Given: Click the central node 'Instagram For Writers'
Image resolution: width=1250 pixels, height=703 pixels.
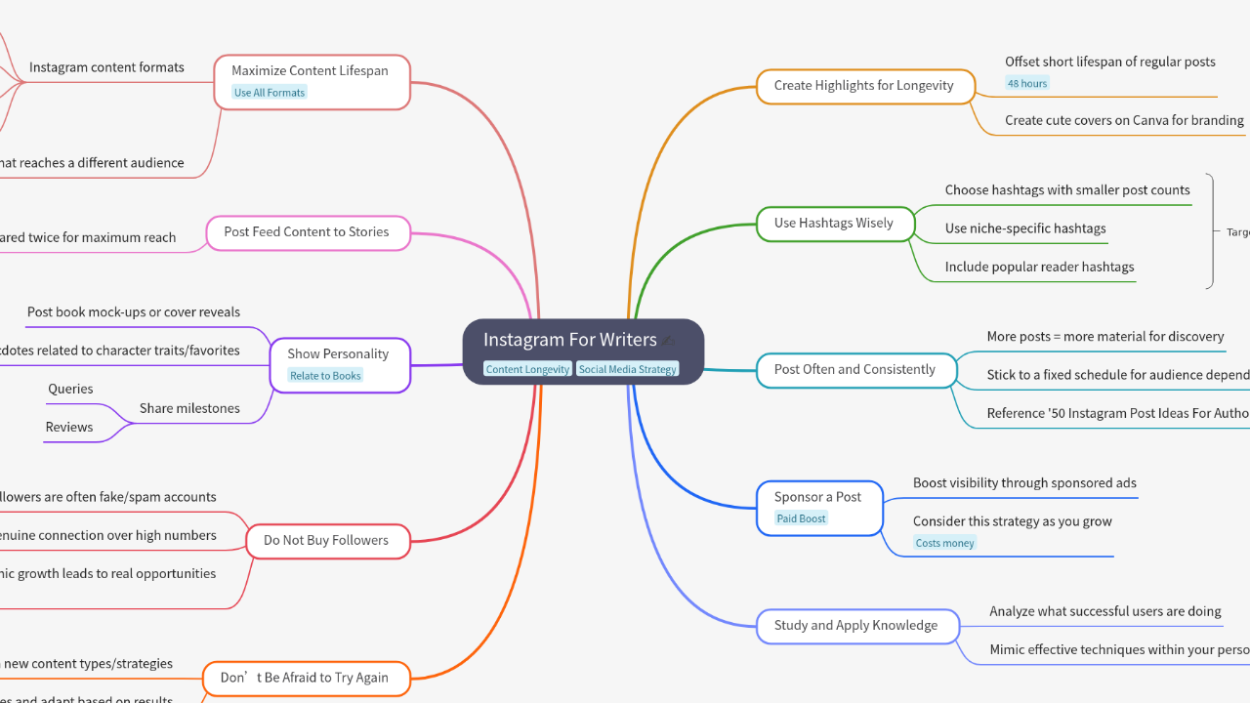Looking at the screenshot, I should [x=570, y=340].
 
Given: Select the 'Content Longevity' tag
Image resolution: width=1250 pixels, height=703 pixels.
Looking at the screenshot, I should [x=527, y=369].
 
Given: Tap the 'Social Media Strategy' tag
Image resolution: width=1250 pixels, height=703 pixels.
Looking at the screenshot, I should [x=627, y=369].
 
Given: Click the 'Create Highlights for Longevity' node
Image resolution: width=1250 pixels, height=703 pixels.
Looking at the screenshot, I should [x=863, y=86].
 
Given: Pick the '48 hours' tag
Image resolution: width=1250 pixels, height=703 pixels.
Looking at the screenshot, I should [x=1026, y=84].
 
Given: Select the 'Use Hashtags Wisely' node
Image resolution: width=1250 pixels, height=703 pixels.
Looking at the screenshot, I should [x=833, y=224].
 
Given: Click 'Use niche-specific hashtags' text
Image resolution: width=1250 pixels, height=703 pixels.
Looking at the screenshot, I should [x=1024, y=228].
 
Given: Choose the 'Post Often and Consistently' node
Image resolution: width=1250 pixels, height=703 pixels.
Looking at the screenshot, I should [x=854, y=370].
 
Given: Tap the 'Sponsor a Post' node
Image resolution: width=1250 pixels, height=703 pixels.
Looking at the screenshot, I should [x=818, y=497].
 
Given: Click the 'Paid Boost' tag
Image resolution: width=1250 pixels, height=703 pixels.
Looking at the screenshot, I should [x=801, y=518].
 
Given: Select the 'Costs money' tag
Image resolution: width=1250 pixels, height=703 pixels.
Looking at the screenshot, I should [x=944, y=543].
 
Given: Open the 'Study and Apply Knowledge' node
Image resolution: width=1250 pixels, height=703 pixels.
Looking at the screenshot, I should [x=855, y=626].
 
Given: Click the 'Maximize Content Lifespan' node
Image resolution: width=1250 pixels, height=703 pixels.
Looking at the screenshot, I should [x=310, y=71].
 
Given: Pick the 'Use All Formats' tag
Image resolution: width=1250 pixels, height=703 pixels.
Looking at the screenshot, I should [x=270, y=93].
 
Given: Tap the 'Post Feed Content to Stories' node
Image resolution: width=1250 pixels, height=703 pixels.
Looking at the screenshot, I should [x=306, y=232].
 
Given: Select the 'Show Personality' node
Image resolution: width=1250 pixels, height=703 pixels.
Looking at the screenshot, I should [x=338, y=354].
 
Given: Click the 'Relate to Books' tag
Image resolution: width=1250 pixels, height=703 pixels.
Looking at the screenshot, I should [x=325, y=376].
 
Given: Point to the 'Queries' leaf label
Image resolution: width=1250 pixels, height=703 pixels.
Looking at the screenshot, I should [x=70, y=389].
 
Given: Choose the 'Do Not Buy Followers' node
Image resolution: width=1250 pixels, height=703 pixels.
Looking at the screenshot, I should [x=325, y=541].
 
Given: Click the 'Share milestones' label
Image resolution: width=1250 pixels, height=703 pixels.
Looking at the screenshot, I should [x=189, y=408].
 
